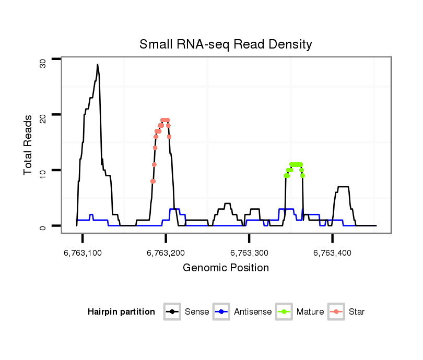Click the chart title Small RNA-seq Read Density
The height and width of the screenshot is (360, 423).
pos(226,44)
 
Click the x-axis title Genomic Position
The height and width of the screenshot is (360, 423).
pos(226,268)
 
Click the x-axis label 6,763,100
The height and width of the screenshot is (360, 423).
pos(82,253)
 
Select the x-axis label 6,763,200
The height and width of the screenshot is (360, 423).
pos(166,253)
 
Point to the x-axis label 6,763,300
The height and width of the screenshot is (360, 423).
pos(249,253)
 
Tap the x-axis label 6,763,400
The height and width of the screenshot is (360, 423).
pos(332,253)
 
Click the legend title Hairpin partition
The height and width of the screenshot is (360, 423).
pos(121,312)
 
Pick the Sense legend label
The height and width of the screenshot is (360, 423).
pos(197,312)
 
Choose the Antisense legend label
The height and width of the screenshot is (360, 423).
pos(253,312)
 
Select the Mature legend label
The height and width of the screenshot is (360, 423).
pos(310,312)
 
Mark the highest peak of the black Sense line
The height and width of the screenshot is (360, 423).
pos(97,65)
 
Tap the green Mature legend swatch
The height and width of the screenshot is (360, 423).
pos(285,312)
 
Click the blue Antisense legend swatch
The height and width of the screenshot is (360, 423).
pos(222,312)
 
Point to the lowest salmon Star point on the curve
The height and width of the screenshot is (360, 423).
pos(153,181)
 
